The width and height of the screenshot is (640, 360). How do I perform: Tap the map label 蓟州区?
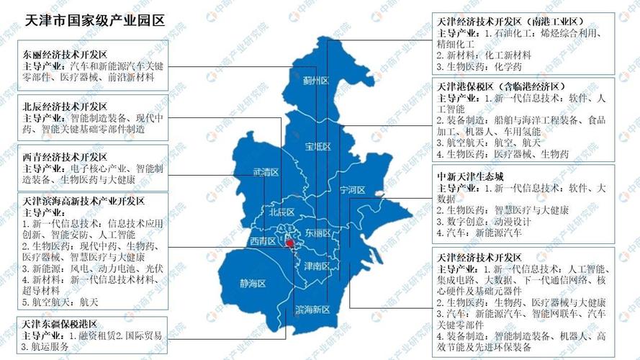tap(315, 80)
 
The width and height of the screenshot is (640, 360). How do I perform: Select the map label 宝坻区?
tap(317, 147)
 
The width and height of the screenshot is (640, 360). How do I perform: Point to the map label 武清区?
tap(266, 172)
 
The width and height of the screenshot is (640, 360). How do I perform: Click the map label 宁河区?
tap(352, 190)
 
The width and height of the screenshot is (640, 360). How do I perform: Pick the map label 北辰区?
tap(281, 212)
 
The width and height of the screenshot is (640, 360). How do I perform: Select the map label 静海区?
tap(253, 284)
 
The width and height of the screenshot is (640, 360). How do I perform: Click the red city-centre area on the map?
tap(289, 245)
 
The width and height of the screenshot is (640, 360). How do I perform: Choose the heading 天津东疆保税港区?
tap(60, 324)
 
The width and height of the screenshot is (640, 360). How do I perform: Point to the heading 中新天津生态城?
tap(470, 175)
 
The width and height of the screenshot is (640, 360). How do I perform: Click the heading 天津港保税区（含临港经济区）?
tap(502, 86)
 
